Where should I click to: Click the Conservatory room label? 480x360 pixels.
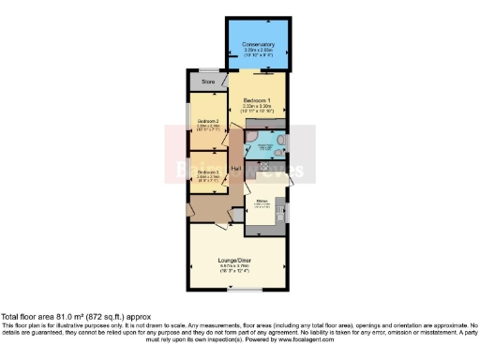(258, 43)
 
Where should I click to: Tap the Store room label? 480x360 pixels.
(208, 82)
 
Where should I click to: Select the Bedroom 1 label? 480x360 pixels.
(257, 100)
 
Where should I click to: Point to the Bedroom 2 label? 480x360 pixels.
(208, 122)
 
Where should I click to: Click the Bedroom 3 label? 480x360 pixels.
(208, 172)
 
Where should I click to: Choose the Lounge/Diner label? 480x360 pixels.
(236, 260)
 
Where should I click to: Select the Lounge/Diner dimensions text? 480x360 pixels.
(236, 269)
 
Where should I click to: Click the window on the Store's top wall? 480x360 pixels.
(208, 73)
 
